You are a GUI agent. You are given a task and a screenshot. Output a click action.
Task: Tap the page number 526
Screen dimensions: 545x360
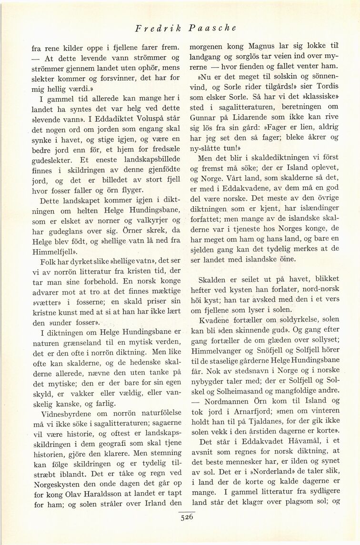point(186,519)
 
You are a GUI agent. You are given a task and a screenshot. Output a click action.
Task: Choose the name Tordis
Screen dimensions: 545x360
point(324,88)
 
